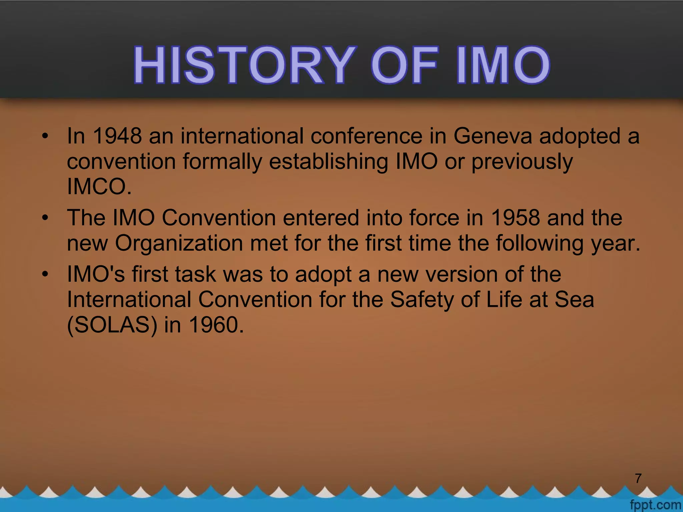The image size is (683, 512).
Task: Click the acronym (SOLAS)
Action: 112,325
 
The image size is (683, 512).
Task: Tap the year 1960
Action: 216,325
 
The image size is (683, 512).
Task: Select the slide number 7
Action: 638,478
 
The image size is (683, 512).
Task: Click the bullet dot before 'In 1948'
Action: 45,136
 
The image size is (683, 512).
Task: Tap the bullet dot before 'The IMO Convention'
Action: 45,218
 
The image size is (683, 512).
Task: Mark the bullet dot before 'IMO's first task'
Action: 45,274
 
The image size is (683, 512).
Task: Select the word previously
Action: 522,162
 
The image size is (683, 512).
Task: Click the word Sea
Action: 574,299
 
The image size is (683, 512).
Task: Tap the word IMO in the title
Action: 503,65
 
